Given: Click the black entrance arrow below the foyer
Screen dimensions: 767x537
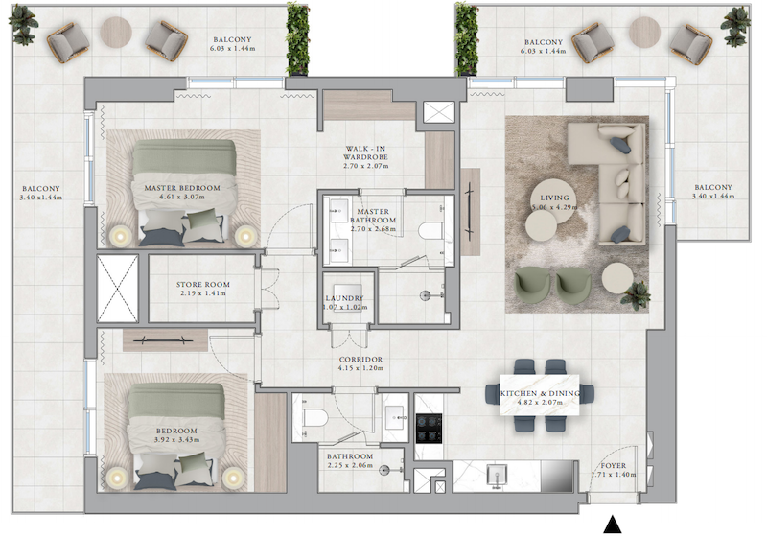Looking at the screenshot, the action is click(x=613, y=525).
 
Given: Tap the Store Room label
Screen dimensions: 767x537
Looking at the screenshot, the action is click(x=203, y=284).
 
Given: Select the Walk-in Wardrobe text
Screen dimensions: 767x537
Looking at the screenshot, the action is click(x=365, y=152).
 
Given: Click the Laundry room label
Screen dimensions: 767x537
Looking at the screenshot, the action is click(x=344, y=298).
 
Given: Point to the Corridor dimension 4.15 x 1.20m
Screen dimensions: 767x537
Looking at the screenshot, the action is click(x=360, y=368).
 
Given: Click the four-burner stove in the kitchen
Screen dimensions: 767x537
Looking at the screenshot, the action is click(x=429, y=429).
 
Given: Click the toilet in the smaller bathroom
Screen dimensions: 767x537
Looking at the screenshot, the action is click(x=315, y=418).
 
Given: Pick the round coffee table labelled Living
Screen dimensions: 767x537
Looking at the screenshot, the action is click(x=553, y=200).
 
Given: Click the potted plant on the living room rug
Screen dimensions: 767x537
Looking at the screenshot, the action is click(x=635, y=295).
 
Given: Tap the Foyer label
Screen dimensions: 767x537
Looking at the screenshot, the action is click(x=614, y=466).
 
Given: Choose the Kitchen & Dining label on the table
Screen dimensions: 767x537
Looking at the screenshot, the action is click(x=540, y=393).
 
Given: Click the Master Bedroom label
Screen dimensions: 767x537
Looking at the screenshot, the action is click(x=182, y=188).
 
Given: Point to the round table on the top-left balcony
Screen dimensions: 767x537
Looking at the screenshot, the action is click(x=116, y=33).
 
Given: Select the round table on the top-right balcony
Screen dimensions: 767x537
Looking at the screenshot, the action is click(x=644, y=33).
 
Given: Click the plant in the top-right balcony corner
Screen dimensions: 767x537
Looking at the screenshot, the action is click(x=735, y=26).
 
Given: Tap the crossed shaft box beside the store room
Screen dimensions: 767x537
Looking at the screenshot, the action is click(x=117, y=289).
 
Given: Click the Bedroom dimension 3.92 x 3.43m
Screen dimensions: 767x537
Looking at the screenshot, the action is click(x=176, y=440).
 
